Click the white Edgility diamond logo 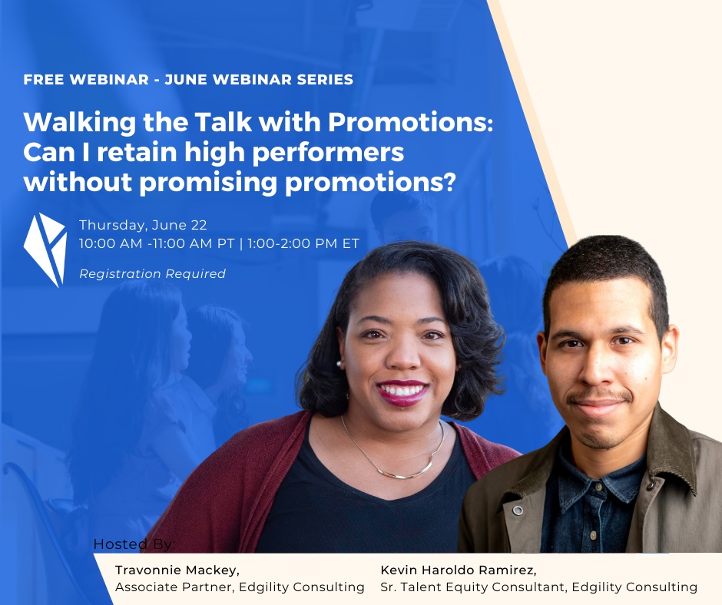pos(45,250)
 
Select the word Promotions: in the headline pos(410,122)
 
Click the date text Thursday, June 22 pos(143,225)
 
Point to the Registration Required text pos(152,273)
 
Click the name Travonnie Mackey pos(176,570)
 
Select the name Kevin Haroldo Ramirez pos(457,570)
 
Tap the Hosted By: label pos(134,544)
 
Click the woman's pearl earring pos(339,364)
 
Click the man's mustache pos(599,396)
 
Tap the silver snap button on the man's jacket pos(518,510)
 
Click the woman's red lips pos(402,393)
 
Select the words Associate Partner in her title pos(174,587)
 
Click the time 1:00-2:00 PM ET pos(303,243)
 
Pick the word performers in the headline pos(328,153)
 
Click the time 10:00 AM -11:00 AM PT pos(157,243)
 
